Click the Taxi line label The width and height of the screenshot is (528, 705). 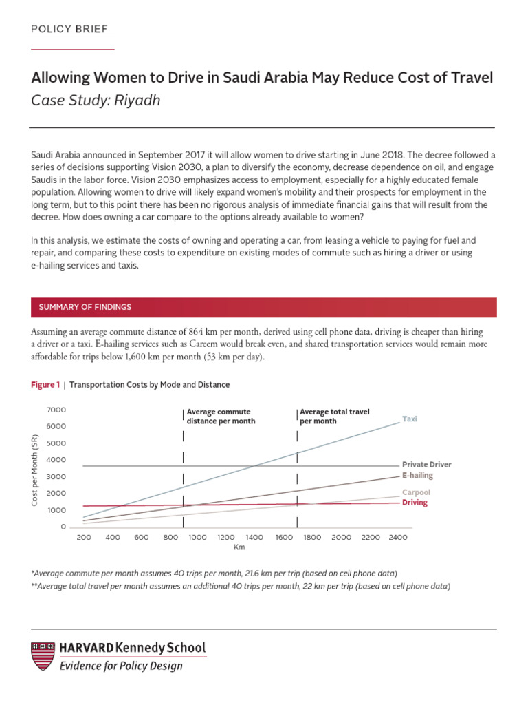[410, 419]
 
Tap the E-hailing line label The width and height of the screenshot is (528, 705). [417, 475]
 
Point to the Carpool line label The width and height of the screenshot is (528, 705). [416, 493]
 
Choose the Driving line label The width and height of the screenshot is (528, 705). [415, 503]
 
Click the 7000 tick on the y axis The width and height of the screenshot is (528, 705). [56, 410]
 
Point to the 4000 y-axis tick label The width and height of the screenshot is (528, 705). [56, 460]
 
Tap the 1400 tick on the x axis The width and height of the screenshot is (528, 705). [254, 537]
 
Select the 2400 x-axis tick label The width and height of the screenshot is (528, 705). [398, 537]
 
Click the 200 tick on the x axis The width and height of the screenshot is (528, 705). [84, 537]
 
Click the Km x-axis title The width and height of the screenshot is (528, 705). [239, 547]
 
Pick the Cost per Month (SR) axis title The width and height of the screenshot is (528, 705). [35, 470]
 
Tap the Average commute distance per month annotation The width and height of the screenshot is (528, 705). [221, 417]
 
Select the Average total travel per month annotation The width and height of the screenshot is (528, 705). [334, 417]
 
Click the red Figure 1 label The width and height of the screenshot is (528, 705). [45, 385]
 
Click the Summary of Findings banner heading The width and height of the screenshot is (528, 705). [85, 307]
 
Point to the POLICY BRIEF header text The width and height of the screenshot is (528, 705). [69, 28]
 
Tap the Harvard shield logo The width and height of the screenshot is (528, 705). [43, 656]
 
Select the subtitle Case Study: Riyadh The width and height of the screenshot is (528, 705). [96, 101]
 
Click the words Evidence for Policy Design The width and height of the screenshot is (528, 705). [121, 666]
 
